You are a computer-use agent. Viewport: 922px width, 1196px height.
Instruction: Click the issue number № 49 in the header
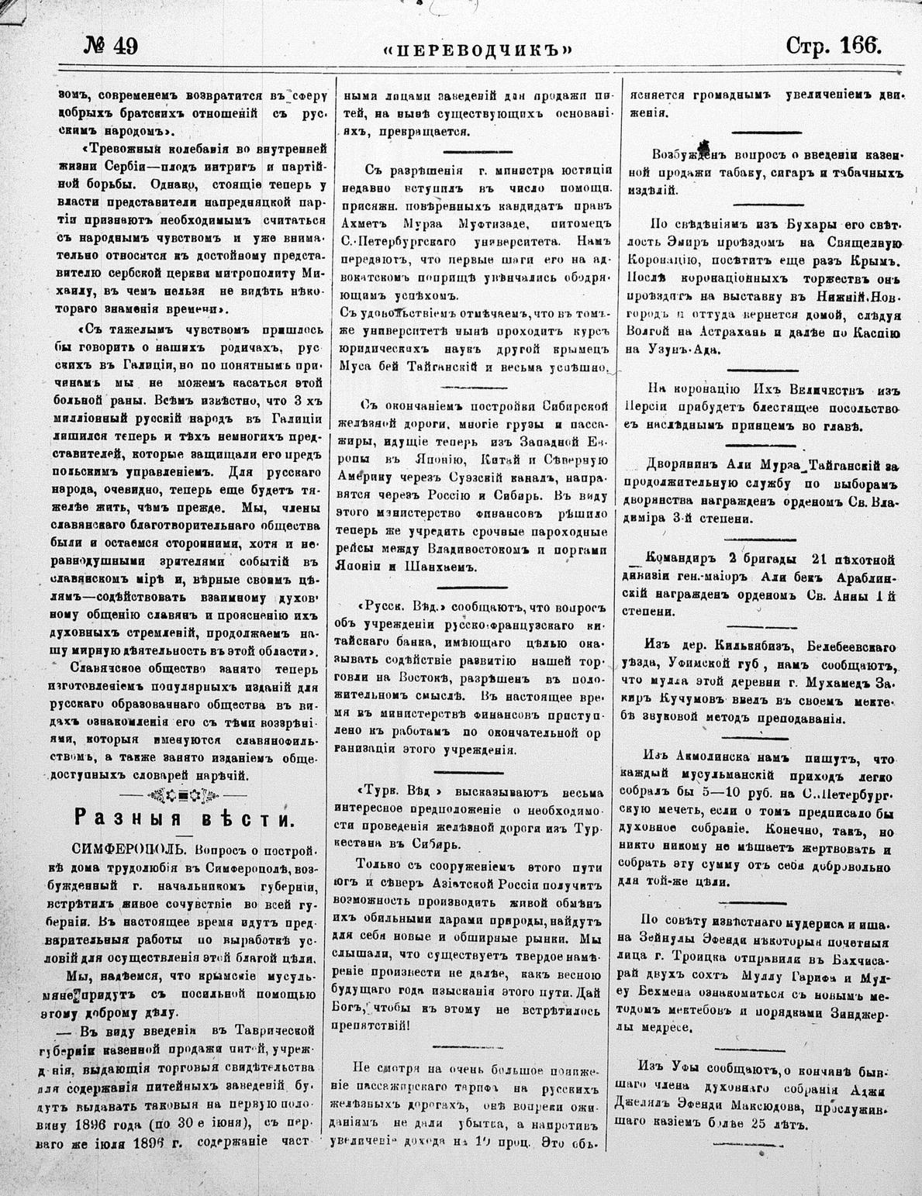click(x=110, y=47)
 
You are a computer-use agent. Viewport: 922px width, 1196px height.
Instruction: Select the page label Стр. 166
click(x=833, y=46)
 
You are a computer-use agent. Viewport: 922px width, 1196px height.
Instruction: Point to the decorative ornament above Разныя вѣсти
click(x=183, y=794)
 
